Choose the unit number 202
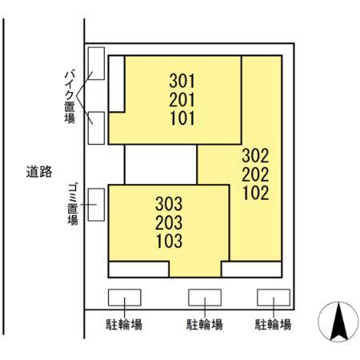tap(254, 174)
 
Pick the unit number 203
tap(170, 222)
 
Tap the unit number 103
tap(170, 240)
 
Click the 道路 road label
tap(38, 170)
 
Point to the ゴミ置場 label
tap(71, 203)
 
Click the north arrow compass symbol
tap(338, 324)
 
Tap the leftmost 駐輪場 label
tap(125, 325)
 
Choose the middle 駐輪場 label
tap(205, 325)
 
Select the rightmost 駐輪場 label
tap(273, 325)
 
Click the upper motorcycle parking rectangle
tap(96, 64)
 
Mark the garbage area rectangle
tap(96, 204)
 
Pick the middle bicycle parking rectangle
tap(205, 297)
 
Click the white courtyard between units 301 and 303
tap(161, 165)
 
